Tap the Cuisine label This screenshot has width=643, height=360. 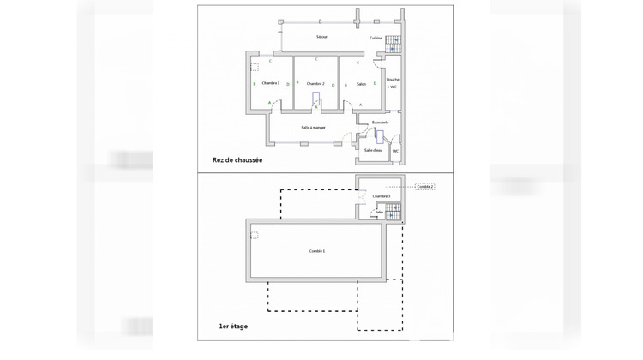coord(376,39)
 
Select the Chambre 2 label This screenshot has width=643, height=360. coord(315,83)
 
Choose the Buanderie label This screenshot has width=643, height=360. coord(380,123)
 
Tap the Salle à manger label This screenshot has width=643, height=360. coord(313,127)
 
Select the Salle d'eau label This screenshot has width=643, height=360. coord(373,150)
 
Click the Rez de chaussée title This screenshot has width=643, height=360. coord(237,160)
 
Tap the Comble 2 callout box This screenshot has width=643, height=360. coord(425,186)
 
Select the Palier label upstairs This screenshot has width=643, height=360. coord(379,212)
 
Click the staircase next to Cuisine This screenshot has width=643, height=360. coord(393,44)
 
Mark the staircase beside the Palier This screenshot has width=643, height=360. coord(393,211)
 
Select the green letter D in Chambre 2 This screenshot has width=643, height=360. coord(333,85)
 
